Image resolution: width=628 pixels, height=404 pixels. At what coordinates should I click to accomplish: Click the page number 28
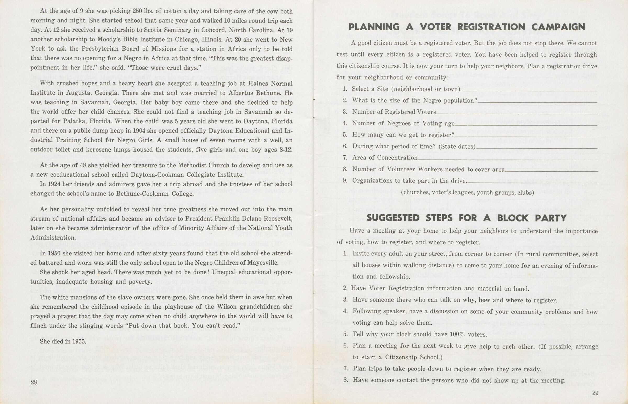point(34,382)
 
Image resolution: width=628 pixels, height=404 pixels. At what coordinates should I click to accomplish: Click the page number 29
point(595,393)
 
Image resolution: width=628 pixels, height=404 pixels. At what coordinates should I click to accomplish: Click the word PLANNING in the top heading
point(374,27)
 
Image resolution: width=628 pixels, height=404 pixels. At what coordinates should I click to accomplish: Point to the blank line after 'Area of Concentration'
point(507,159)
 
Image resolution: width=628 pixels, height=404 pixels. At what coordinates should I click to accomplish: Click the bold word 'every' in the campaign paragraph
point(375,55)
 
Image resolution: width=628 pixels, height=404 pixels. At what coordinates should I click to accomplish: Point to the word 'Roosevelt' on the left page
point(278,219)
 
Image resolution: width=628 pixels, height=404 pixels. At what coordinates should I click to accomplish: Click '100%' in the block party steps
point(457,335)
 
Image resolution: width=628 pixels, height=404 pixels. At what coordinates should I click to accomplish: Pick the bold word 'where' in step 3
point(514,300)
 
